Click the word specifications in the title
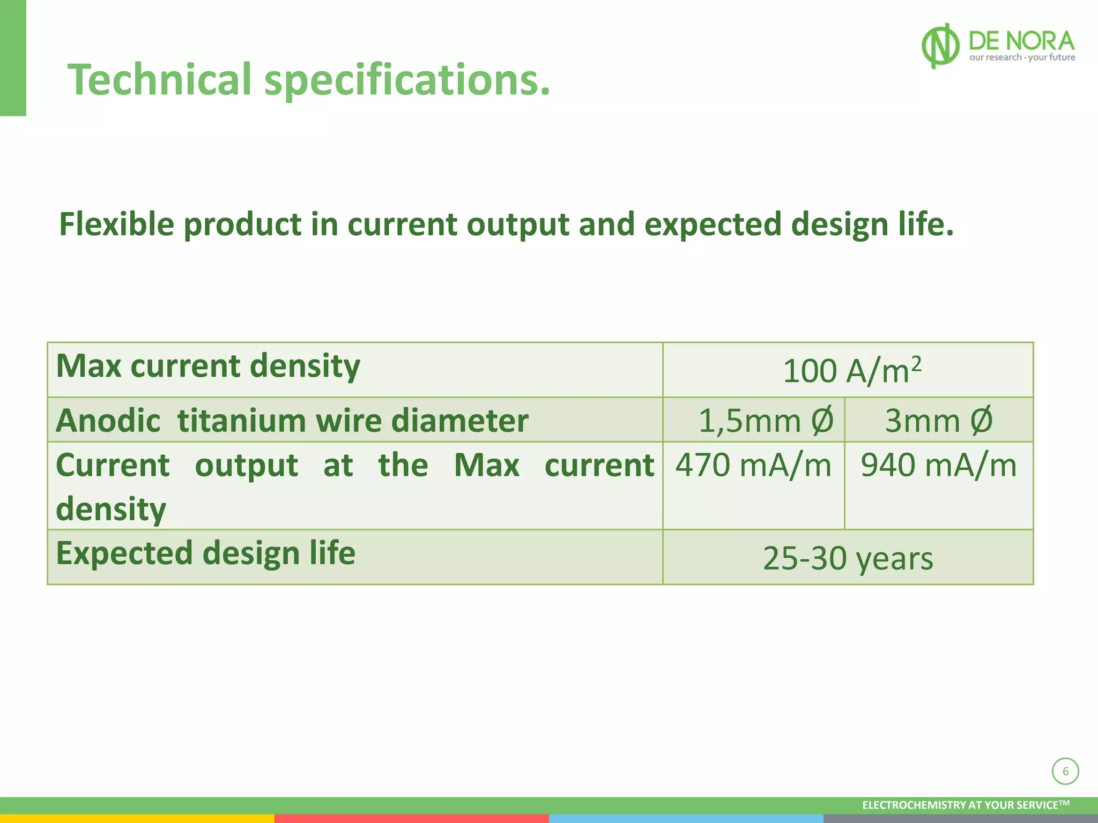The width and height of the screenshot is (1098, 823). click(407, 80)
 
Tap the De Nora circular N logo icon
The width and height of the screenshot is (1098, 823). click(940, 46)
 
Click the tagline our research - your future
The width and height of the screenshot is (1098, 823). click(1022, 57)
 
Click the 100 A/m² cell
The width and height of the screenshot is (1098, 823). click(851, 370)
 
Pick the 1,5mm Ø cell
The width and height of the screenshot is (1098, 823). click(766, 420)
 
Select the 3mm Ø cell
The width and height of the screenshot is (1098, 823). click(938, 420)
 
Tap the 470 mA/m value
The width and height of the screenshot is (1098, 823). click(753, 465)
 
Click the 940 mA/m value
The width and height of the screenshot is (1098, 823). click(938, 465)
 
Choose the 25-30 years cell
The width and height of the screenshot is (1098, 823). click(848, 558)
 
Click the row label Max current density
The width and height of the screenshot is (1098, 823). click(208, 366)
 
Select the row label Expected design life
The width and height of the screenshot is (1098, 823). click(205, 553)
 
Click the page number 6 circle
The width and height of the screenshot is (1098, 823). click(1065, 772)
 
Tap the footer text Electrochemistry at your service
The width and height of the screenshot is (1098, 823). click(965, 805)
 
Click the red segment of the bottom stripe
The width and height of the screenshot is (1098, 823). click(411, 819)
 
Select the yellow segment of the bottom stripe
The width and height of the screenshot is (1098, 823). click(137, 819)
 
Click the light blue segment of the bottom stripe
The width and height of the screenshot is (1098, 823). click(686, 819)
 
